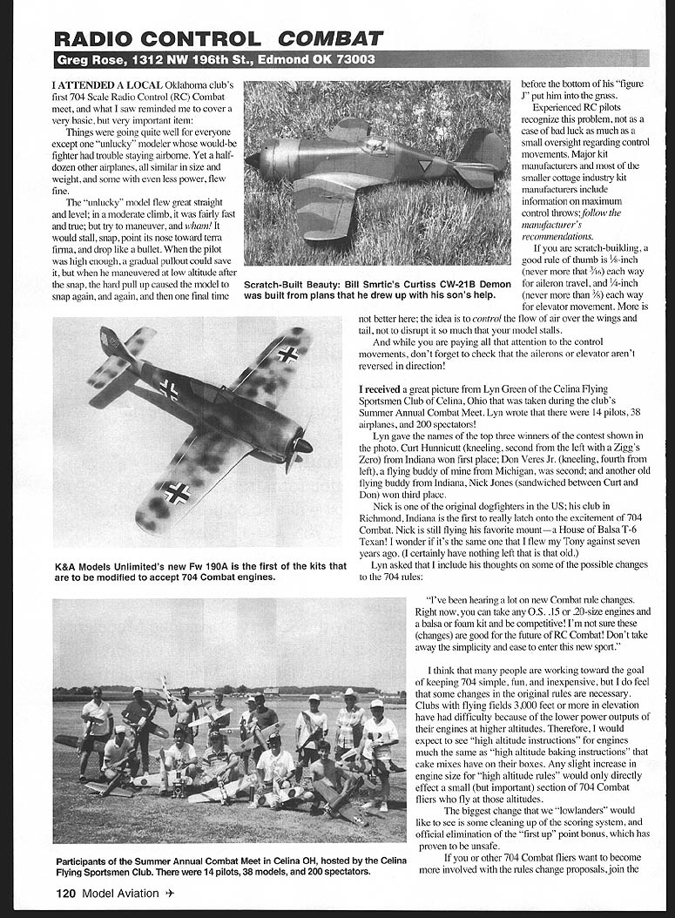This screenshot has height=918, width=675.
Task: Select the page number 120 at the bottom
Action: pos(66,893)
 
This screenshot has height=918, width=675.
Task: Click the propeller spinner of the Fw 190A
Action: pos(304,445)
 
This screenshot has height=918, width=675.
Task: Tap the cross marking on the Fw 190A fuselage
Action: pos(169,391)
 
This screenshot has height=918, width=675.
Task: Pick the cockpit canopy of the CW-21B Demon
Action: pos(376,145)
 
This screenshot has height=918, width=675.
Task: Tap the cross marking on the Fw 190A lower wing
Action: pos(176,493)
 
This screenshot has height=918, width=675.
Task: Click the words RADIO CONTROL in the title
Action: pos(157,38)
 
